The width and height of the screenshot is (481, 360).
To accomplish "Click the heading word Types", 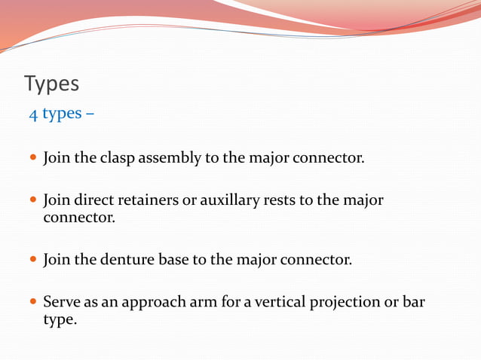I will [x=51, y=84].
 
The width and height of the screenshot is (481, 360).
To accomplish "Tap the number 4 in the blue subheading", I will [x=33, y=114].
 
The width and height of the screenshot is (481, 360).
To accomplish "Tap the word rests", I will [x=280, y=201].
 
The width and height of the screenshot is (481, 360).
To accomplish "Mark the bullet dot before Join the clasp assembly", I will [x=32, y=159].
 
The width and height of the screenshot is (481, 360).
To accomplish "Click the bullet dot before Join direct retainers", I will [x=32, y=201].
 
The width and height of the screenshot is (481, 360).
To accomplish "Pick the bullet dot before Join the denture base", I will [x=32, y=261].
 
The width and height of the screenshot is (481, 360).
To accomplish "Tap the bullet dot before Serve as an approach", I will [x=32, y=303].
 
